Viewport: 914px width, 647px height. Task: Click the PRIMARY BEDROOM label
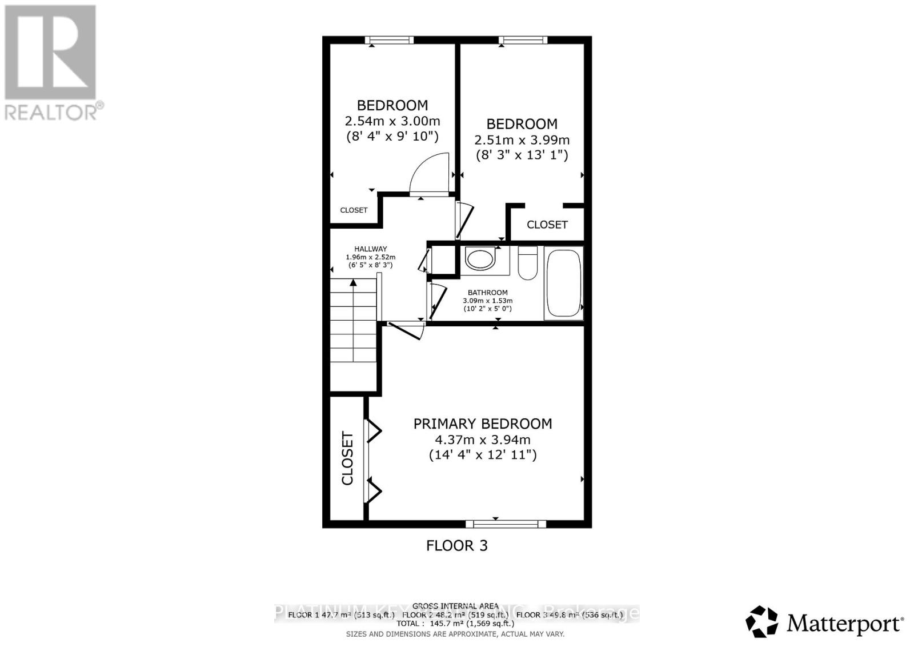482,424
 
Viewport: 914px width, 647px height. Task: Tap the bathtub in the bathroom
563,283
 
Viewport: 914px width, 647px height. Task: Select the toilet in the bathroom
527,263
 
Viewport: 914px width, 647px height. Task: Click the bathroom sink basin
479,258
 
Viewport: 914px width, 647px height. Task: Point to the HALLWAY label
370,249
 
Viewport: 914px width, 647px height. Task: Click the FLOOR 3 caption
456,545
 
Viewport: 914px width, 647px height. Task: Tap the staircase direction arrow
354,282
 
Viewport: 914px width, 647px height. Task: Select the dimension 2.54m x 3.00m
392,121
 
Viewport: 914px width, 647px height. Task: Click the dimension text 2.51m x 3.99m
522,140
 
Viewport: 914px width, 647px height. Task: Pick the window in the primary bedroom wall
506,524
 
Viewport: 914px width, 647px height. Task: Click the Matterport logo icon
761,621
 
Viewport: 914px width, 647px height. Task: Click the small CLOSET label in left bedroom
354,210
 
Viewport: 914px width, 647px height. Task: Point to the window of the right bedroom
523,40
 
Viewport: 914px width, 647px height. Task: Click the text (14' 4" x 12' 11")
482,456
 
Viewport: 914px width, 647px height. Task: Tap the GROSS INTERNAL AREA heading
455,606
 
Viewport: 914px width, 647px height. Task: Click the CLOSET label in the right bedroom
547,225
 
